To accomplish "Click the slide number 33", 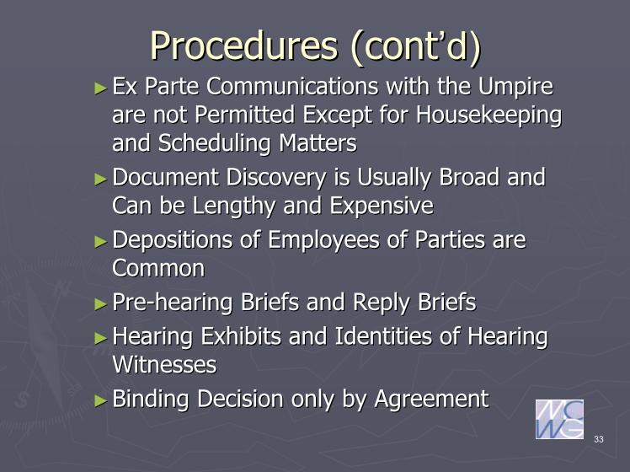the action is tap(599, 439).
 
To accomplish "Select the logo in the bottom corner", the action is tap(560, 419).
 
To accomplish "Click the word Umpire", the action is tap(515, 88).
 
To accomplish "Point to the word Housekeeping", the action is tap(489, 115).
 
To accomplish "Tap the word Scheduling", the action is tap(214, 144).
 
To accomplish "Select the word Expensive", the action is tap(382, 206).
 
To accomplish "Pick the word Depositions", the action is tap(173, 240).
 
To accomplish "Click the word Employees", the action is tap(323, 240).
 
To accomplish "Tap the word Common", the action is tap(158, 268).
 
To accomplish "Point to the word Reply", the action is tap(382, 303).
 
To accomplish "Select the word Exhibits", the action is tap(241, 336).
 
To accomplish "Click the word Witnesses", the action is tap(164, 364).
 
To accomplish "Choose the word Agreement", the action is tap(431, 400).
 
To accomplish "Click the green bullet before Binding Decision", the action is tap(101, 400).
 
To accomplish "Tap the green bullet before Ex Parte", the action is tap(101, 88).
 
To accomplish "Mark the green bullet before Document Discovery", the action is tap(101, 179).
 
